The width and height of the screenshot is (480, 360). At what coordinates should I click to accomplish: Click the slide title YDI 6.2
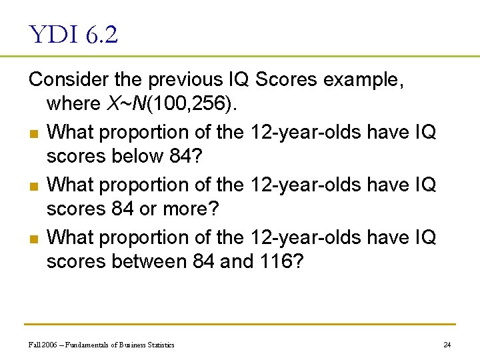73,34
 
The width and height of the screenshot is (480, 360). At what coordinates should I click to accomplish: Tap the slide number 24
447,345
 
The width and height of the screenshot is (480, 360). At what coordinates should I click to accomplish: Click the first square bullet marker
34,133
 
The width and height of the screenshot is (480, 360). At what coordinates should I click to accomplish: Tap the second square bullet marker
34,185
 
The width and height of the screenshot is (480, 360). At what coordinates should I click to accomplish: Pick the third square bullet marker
34,238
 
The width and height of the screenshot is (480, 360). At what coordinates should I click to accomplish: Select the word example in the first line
361,79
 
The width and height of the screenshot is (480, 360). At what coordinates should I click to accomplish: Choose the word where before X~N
73,105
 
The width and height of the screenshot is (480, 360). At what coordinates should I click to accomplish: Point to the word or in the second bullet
147,209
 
